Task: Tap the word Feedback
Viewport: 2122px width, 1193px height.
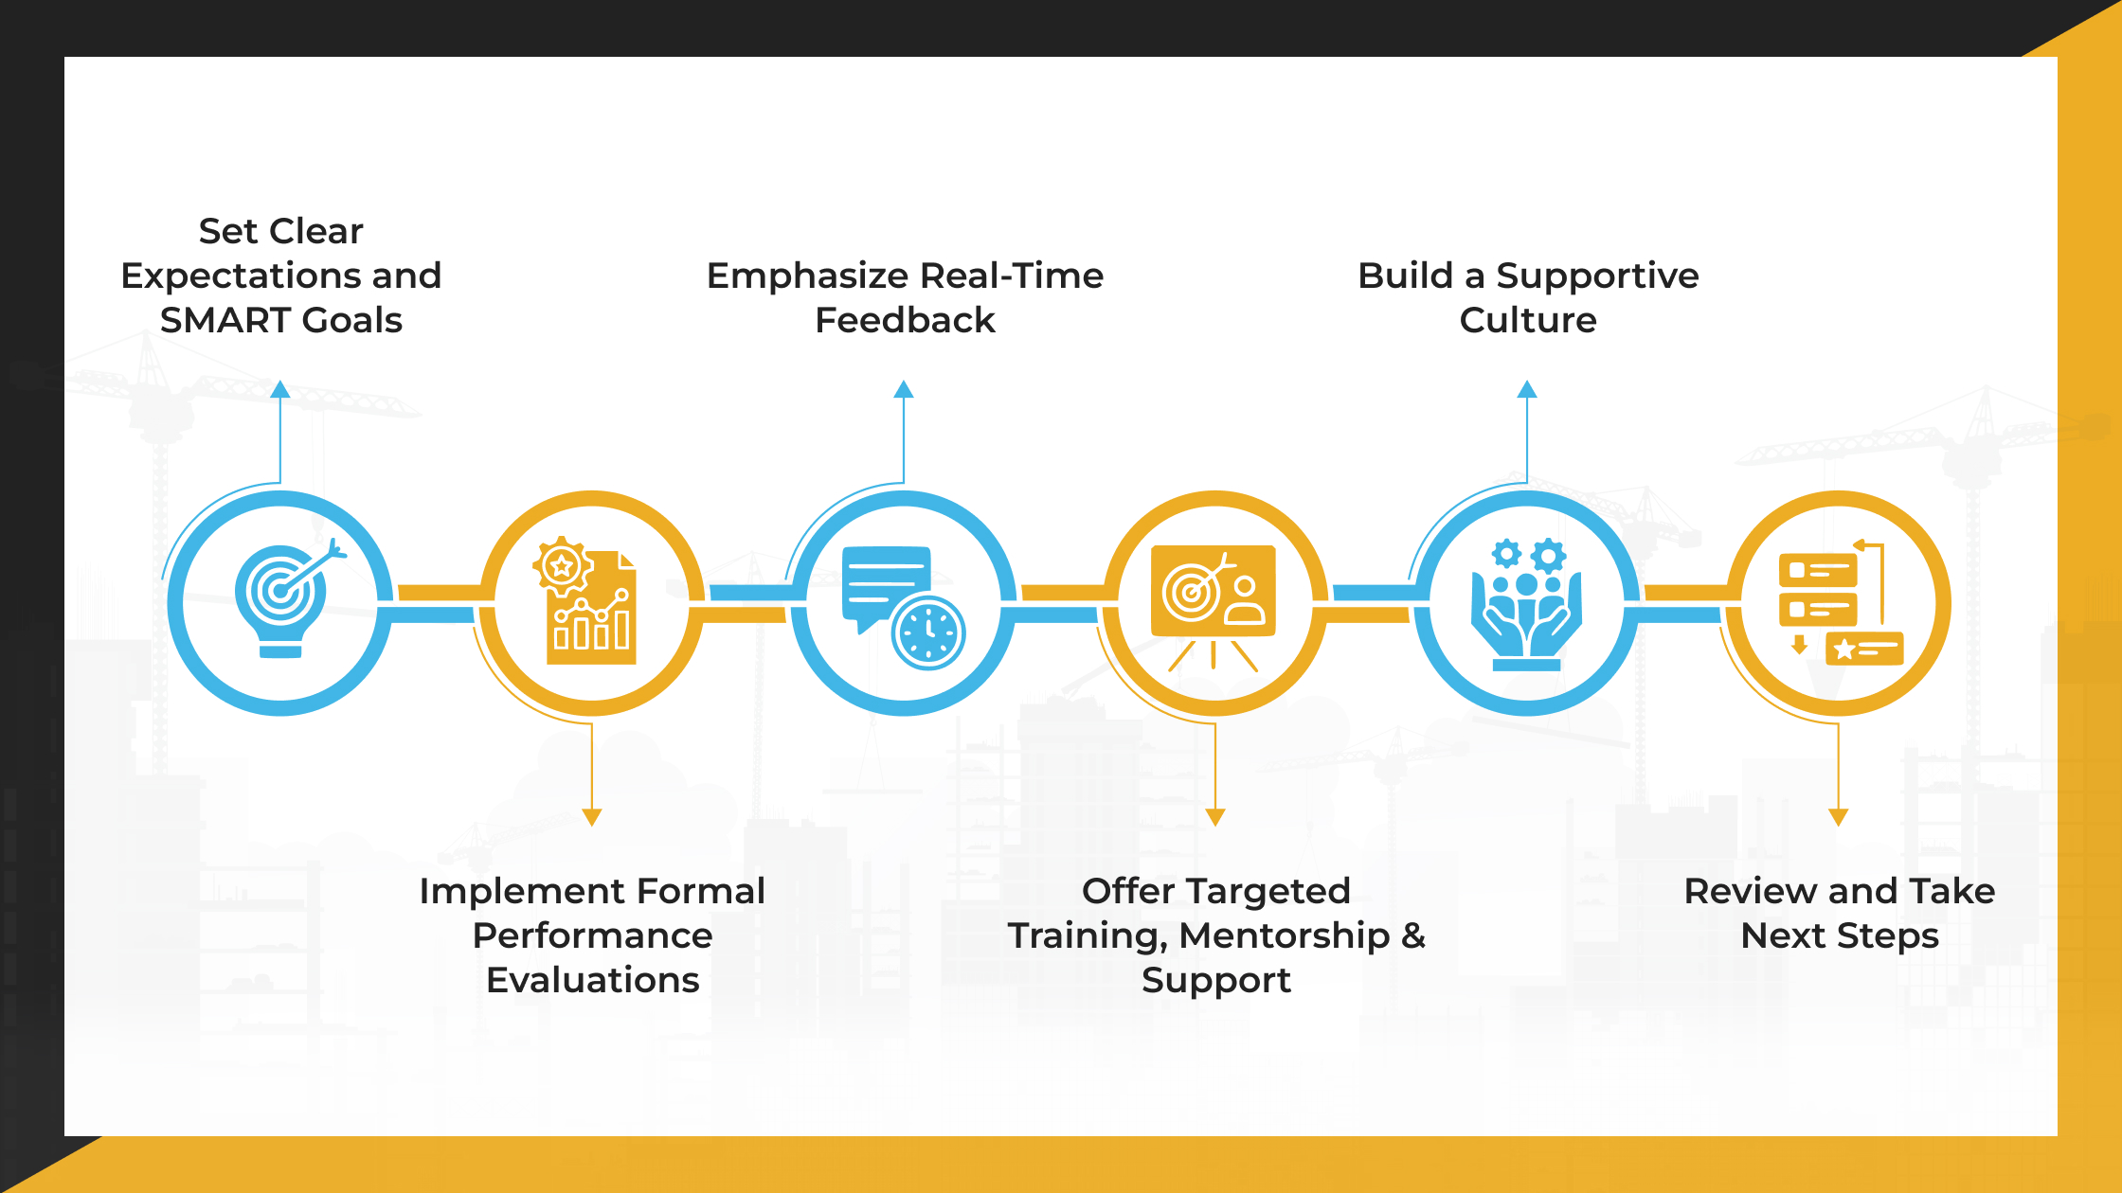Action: [905, 320]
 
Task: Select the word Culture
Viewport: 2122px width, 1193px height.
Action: [1527, 320]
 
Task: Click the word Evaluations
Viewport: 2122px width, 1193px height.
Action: [592, 979]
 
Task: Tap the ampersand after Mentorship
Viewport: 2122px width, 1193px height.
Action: [1413, 935]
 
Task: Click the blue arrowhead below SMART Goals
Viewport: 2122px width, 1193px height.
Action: [279, 389]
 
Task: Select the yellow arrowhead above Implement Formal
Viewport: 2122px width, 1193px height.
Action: [592, 817]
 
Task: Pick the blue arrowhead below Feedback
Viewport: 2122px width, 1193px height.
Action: [904, 389]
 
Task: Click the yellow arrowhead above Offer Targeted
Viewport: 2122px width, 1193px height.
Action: [1215, 817]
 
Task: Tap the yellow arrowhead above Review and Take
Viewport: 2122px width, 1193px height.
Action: [1838, 817]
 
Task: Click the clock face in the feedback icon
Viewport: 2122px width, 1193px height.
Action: [928, 632]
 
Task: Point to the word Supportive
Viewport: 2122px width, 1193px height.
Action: [1597, 276]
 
